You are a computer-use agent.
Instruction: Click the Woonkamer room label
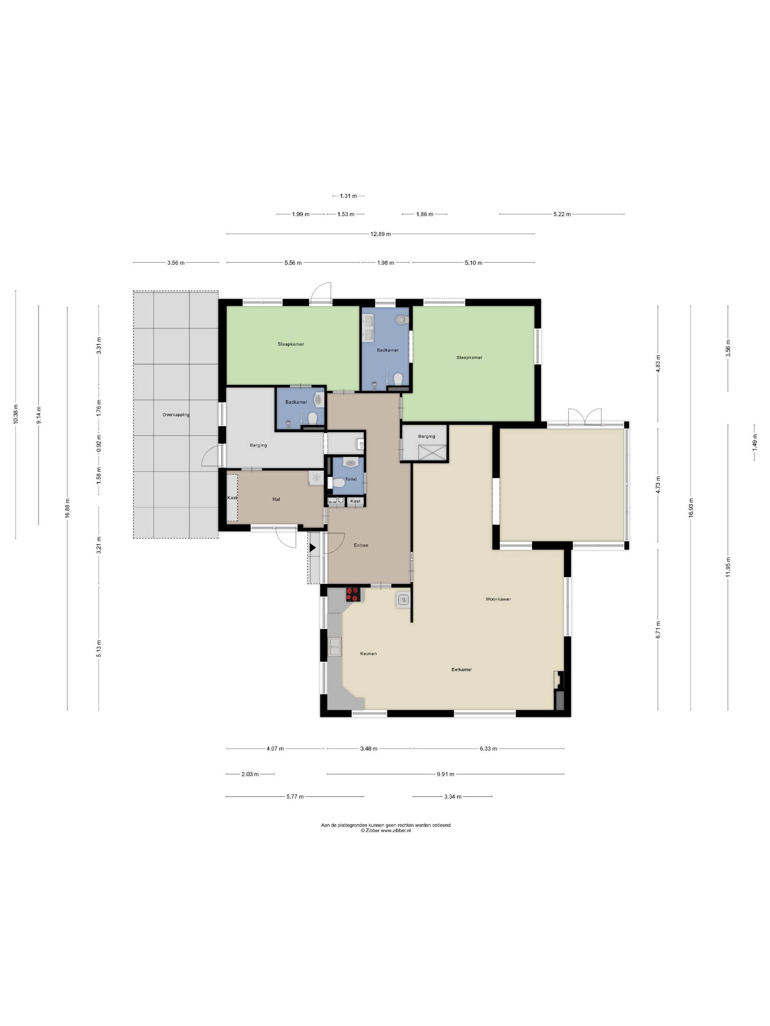click(x=498, y=599)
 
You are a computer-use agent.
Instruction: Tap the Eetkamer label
click(x=461, y=669)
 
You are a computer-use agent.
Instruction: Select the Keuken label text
click(x=368, y=654)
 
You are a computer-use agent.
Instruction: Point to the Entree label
click(x=361, y=545)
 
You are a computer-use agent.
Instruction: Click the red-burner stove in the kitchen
click(x=353, y=595)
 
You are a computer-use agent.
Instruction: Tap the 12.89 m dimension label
click(x=380, y=234)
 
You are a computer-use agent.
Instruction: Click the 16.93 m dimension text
click(x=691, y=508)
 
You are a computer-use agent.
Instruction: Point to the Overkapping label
click(x=176, y=415)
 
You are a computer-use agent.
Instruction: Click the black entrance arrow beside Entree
click(x=312, y=548)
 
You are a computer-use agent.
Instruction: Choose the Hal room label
click(x=276, y=499)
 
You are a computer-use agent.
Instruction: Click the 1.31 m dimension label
click(x=348, y=196)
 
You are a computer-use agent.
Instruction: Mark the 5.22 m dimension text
click(x=562, y=214)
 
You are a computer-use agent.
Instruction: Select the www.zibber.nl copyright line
click(x=386, y=831)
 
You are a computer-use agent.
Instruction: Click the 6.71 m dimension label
click(x=658, y=630)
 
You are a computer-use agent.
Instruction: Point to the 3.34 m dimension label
click(x=452, y=796)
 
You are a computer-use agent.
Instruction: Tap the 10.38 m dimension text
click(x=16, y=414)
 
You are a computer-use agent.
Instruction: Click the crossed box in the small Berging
click(x=432, y=453)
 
